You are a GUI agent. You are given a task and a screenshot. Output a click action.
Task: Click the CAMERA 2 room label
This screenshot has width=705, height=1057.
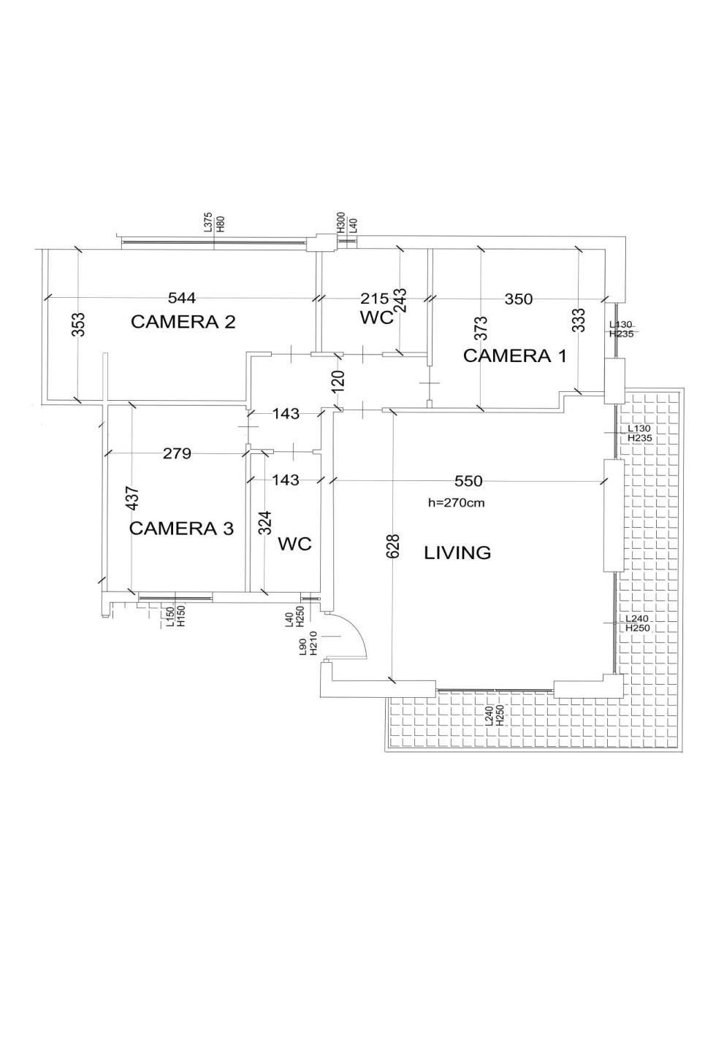coord(183,323)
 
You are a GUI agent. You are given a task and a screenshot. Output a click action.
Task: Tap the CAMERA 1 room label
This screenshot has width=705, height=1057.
coord(514,355)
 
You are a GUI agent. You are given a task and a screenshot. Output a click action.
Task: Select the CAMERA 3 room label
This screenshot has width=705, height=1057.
coord(181,528)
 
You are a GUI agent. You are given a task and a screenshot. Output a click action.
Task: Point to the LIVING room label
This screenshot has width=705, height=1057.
coord(457,553)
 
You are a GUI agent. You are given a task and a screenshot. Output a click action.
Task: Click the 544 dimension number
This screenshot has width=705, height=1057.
coord(182,298)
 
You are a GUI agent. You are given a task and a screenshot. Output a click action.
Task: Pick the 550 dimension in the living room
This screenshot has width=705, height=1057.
coord(468,481)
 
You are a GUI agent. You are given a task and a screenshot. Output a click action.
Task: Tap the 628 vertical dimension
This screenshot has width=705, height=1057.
coord(393,545)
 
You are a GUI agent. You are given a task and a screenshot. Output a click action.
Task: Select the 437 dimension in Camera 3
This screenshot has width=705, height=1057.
coord(133,499)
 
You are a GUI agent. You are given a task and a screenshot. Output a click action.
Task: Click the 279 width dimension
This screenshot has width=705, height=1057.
coord(177,453)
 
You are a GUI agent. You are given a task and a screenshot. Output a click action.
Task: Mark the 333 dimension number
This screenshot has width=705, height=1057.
coord(580,320)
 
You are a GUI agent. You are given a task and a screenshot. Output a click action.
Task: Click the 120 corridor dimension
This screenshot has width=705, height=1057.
coord(338,381)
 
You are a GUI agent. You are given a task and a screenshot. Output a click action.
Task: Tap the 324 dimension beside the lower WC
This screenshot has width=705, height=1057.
coord(267,523)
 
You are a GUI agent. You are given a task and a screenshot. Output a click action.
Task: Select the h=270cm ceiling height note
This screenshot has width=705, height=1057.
coord(456,502)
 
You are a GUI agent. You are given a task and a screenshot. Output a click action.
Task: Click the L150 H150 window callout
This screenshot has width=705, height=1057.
coord(176,617)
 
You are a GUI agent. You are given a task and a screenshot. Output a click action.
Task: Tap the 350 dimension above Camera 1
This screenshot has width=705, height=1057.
coord(519,299)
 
